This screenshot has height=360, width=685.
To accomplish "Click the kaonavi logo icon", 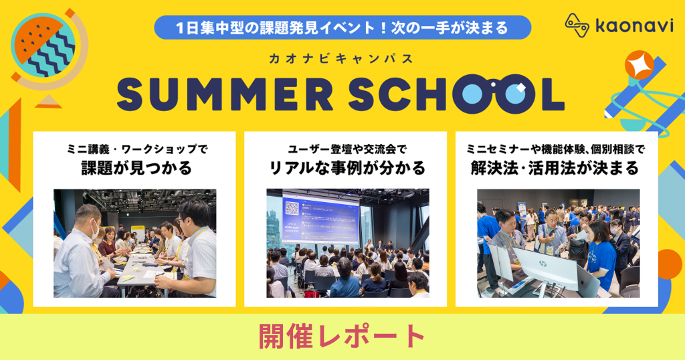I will coord(577,25).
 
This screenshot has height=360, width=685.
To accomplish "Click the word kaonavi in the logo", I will coord(627,26).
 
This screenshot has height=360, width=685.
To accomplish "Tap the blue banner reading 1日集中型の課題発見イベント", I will coord(342,28).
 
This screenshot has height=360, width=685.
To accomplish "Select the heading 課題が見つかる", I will coord(134,168).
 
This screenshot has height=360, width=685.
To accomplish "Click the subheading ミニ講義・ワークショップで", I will coord(134,149).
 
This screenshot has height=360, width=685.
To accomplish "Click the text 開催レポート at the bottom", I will coord(342,336).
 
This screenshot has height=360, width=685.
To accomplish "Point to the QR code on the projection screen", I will coord(292,208).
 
